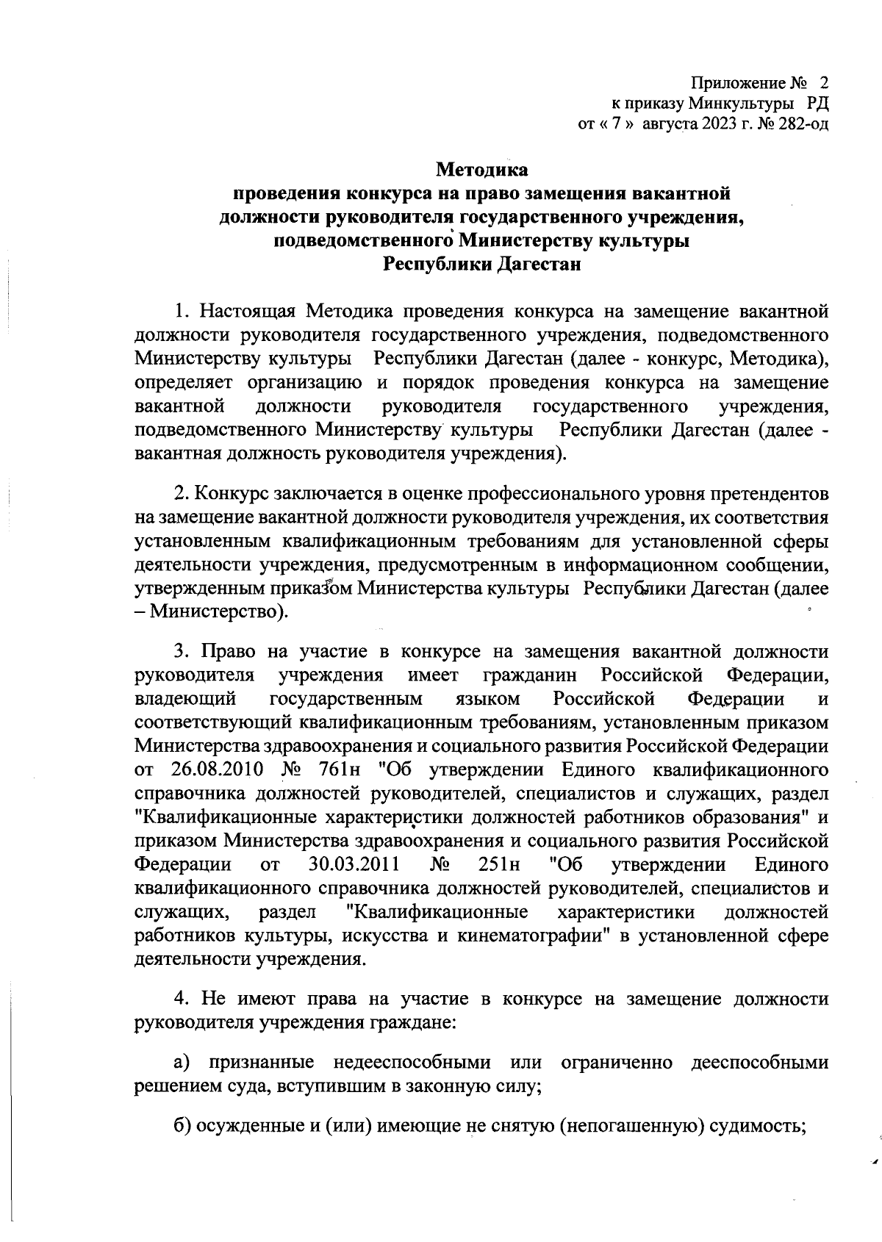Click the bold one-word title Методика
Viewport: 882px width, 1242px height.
(x=482, y=170)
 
